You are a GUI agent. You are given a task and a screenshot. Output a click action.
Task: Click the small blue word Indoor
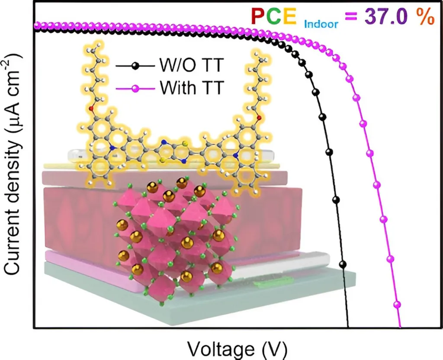pyautogui.click(x=321, y=24)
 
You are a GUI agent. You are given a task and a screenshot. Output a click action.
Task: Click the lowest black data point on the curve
pyautogui.click(x=343, y=264)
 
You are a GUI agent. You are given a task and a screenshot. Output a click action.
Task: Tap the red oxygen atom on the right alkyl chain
pyautogui.click(x=259, y=116)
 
